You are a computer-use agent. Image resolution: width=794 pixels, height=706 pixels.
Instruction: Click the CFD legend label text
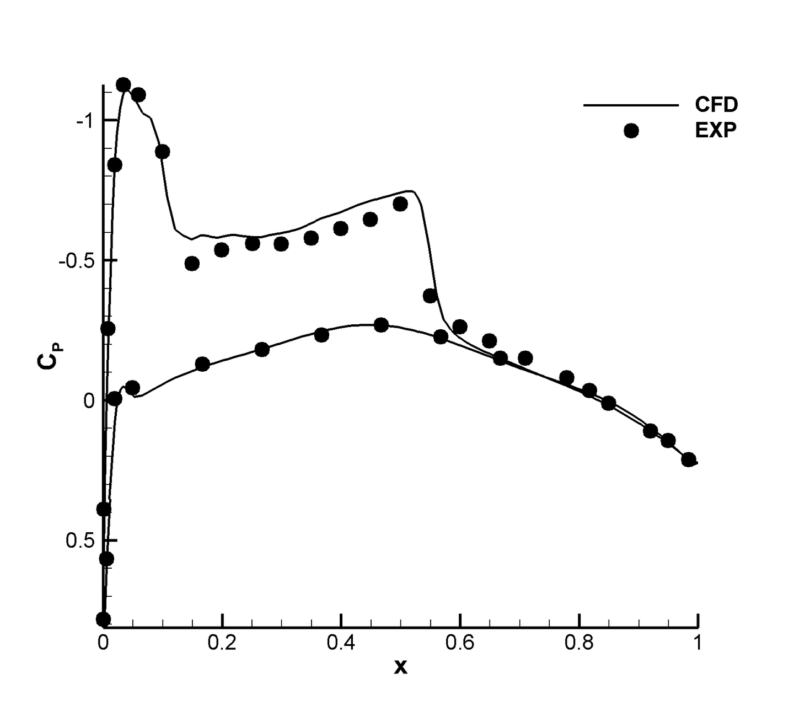[x=716, y=104]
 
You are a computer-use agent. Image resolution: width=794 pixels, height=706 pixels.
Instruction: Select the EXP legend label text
[x=716, y=131]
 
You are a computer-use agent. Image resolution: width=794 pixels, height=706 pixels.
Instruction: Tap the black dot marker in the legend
[x=631, y=131]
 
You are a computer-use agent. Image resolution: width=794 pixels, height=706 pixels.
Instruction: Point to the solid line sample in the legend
[x=631, y=105]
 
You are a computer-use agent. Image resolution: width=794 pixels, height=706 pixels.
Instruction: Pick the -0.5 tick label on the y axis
[x=77, y=261]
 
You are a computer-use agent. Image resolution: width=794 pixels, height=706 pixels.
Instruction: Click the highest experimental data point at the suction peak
[x=124, y=85]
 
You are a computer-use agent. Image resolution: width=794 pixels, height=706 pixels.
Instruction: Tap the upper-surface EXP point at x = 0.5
[x=400, y=204]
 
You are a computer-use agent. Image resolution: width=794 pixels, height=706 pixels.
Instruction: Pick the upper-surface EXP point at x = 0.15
[x=192, y=264]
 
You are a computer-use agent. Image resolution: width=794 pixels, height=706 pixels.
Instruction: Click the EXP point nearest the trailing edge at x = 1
[x=689, y=459]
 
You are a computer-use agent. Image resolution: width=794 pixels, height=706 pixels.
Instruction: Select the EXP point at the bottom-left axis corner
[x=104, y=619]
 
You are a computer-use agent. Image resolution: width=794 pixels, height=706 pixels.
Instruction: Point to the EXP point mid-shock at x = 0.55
[x=430, y=296]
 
